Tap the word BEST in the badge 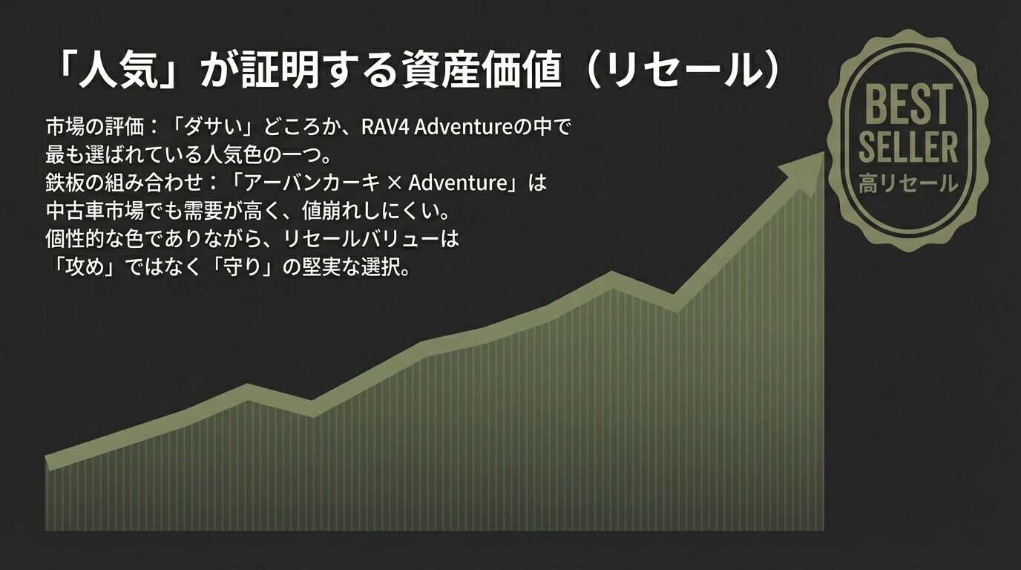[908, 105]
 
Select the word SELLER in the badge [908, 147]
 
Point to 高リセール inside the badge [908, 184]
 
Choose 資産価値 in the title [482, 71]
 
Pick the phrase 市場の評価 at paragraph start [95, 127]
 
